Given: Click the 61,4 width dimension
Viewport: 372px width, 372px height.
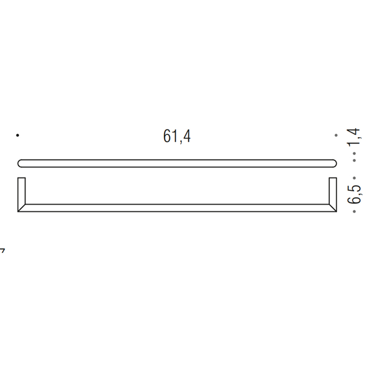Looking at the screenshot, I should pyautogui.click(x=177, y=137).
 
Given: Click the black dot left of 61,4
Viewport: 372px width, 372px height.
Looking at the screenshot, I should pyautogui.click(x=18, y=136).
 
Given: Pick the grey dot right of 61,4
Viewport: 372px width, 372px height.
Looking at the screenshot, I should pyautogui.click(x=336, y=136).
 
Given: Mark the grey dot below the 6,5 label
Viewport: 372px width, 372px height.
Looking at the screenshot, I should pyautogui.click(x=355, y=212).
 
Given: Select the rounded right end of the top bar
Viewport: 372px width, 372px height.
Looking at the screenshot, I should pyautogui.click(x=334, y=163).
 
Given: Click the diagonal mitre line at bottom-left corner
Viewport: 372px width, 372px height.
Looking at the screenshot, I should pyautogui.click(x=22, y=208).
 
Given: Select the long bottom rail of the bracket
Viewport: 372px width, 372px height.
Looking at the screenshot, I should pyautogui.click(x=177, y=208).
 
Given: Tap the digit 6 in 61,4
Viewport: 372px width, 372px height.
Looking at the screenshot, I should pyautogui.click(x=167, y=137).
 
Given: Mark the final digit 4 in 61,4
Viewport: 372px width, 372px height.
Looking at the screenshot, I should pyautogui.click(x=187, y=137).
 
